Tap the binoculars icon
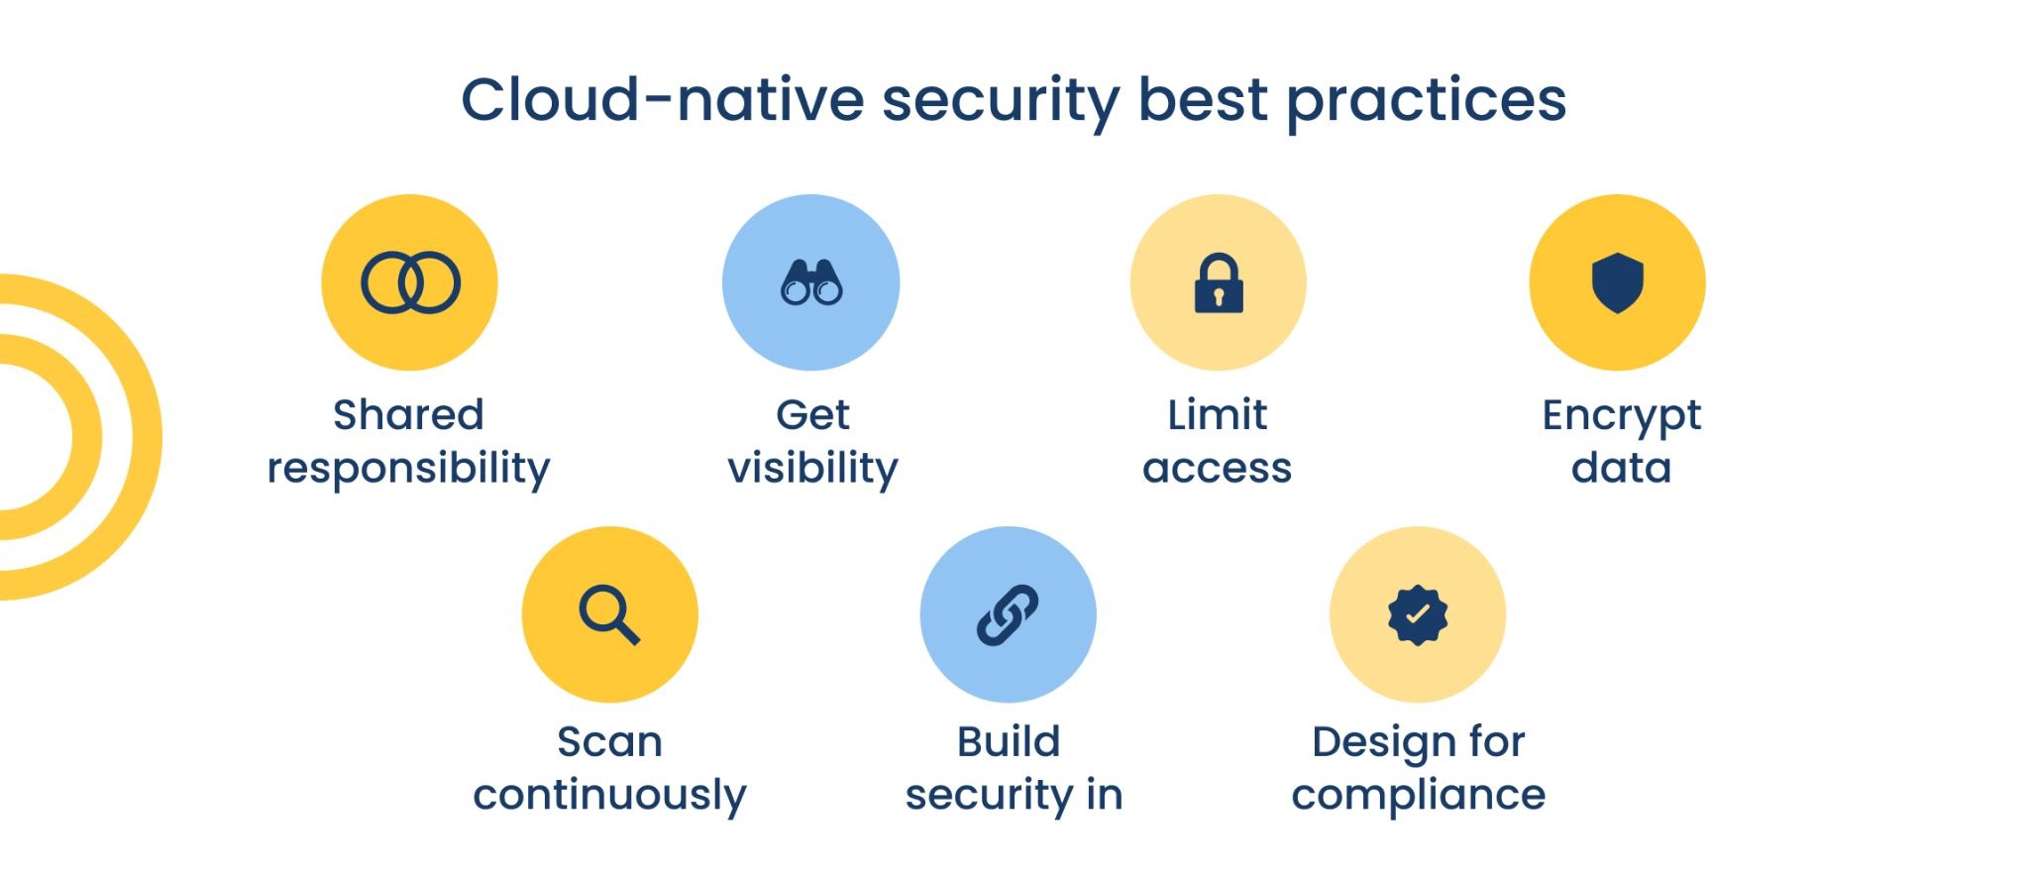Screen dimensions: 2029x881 (811, 282)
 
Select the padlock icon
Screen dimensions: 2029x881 (1219, 283)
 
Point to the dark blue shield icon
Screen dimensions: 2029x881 (1618, 282)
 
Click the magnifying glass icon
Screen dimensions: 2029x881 (609, 615)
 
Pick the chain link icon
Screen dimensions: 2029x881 (1008, 614)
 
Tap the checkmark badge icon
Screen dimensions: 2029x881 (1418, 614)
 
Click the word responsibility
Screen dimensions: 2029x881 (408, 468)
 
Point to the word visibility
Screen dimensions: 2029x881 (812, 468)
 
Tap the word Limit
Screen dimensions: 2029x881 (1217, 414)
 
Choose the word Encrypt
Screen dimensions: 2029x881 (1622, 416)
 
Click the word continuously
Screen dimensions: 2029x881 (609, 795)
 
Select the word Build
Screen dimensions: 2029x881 (1009, 741)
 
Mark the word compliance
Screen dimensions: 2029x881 (1418, 795)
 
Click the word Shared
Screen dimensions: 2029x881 (408, 414)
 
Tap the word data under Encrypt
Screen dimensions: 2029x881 (1621, 467)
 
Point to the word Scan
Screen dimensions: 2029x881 (609, 741)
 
